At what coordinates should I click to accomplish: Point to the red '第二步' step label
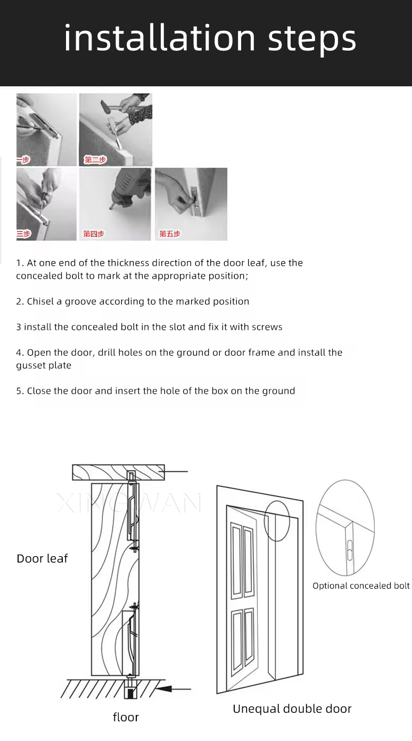coord(96,160)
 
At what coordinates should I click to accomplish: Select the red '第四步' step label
coord(94,234)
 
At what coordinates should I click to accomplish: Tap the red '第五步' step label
coord(170,234)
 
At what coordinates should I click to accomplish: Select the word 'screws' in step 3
coord(267,327)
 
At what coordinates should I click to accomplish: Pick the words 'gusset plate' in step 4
coord(44,365)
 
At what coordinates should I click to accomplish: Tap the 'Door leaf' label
coord(42,558)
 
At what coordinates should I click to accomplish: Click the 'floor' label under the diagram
coord(126,717)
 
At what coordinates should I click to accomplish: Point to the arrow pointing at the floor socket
coord(174,689)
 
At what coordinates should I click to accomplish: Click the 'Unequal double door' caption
coord(292,709)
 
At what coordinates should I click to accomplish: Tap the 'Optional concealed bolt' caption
coord(361,586)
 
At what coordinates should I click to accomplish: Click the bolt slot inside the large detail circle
coord(350,550)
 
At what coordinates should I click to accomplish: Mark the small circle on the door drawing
coord(277,521)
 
